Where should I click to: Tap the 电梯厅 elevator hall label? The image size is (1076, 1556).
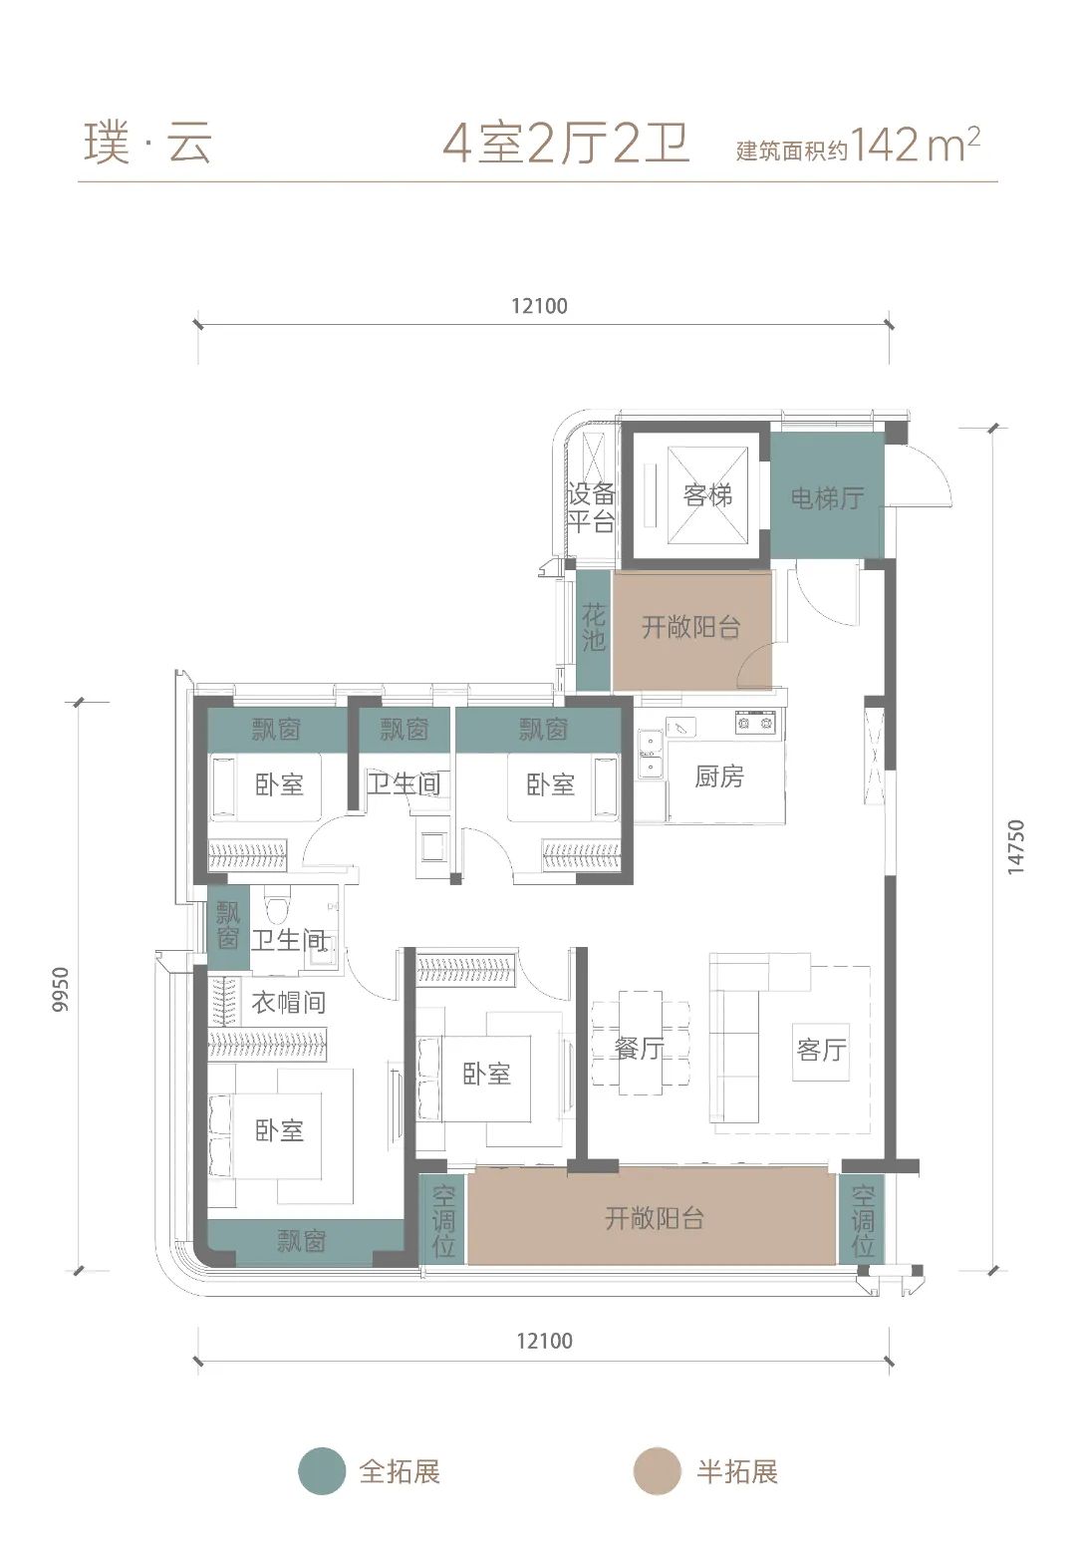coord(827,497)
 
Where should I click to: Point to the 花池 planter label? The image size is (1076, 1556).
coord(594,628)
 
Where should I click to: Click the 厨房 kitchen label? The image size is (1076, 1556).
coord(719,776)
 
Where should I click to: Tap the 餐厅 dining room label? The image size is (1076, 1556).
coord(639,1048)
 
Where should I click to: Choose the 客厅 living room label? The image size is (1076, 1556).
coord(821,1050)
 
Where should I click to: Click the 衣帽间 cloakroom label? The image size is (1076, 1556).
coord(288,1003)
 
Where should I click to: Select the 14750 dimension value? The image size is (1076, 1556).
coord(1015,846)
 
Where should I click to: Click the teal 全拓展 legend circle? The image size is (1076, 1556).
coord(322,1471)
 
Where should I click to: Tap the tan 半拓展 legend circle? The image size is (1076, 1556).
coord(657,1471)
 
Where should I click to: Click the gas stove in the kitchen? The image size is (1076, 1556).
coord(755,723)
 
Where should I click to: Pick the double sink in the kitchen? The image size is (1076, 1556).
coord(650,753)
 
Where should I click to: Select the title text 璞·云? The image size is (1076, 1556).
coord(147,145)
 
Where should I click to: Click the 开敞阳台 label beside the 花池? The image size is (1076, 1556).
coord(690,627)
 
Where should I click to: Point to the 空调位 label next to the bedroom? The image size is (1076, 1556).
coord(443,1221)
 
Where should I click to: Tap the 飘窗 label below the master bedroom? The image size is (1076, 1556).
coord(301,1241)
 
